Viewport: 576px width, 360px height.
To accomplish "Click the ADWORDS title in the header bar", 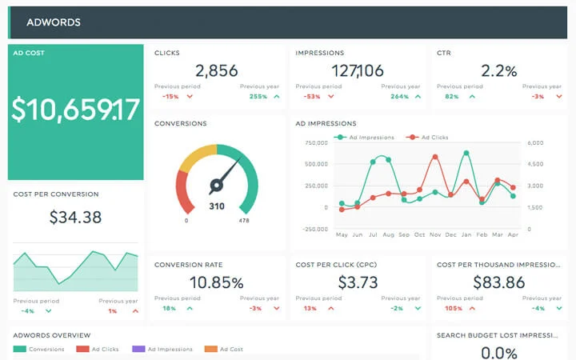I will pos(54,22).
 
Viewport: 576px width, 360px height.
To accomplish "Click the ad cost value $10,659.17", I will pos(76,110).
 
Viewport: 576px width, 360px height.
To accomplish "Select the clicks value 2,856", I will pos(216,70).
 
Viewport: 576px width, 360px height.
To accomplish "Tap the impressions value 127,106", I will pos(357,70).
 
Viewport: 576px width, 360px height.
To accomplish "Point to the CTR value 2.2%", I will pos(499,70).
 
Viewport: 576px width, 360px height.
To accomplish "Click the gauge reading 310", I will pos(217,206).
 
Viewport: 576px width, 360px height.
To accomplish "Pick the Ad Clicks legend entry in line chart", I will pos(433,138).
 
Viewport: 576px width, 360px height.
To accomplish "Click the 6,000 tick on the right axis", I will pos(535,143).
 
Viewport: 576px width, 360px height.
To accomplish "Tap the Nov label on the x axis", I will pos(435,235).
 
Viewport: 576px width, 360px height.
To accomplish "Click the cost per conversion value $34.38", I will pos(75,217).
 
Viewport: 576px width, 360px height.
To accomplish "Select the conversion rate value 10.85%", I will pos(216,282).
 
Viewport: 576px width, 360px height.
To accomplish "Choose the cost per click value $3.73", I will pos(357,282).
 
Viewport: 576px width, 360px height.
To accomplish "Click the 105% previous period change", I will pos(454,308).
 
